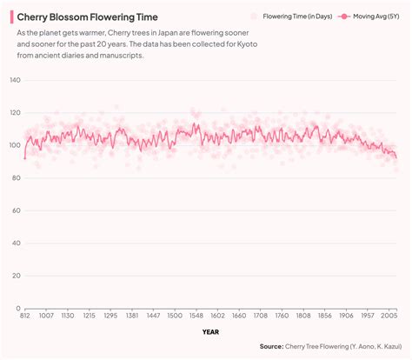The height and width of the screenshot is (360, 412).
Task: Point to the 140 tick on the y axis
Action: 14,80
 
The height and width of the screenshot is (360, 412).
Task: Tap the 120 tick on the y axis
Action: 14,113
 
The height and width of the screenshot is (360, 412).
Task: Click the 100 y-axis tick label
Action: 14,145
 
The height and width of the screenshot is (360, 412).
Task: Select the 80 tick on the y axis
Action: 15,178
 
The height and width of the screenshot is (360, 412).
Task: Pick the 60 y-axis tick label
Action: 15,210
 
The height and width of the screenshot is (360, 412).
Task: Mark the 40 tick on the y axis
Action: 15,243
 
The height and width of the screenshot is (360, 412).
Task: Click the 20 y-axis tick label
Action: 15,276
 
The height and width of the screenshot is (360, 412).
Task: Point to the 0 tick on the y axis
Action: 17,309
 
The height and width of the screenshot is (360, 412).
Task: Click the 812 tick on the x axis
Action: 25,317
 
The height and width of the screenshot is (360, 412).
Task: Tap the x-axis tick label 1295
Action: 110,317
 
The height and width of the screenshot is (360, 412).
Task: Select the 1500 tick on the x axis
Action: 174,317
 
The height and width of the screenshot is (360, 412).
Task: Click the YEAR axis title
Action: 210,331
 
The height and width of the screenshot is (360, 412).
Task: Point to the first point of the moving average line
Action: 25,158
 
